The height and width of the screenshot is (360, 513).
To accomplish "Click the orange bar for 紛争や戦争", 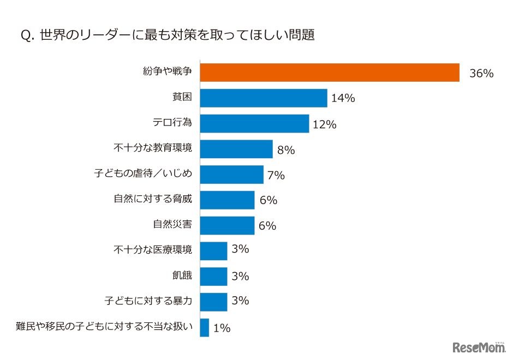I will point(330,73).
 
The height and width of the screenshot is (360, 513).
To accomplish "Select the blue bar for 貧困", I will point(263,98).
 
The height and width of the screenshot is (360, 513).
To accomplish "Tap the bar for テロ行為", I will point(254,124).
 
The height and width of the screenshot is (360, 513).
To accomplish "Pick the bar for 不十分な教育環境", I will point(236,149).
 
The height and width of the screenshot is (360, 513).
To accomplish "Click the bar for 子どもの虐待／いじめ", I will point(231,175).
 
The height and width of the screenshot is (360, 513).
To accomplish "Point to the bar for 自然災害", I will point(227,225).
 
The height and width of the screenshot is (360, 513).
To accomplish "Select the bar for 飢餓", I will point(213,276).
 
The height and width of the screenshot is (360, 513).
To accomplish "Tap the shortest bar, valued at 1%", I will point(205,327).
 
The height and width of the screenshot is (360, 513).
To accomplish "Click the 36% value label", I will point(481,74).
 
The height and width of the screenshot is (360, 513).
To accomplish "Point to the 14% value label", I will point(343,99).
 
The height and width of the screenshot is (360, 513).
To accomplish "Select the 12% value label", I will point(324,124).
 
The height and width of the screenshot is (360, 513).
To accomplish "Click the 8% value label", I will point(286,150).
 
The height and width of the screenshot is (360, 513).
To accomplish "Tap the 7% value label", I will point(277,175).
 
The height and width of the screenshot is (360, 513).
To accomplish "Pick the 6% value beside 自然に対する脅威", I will point(268,200).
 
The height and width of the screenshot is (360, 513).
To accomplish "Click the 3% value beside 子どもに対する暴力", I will point(240,301).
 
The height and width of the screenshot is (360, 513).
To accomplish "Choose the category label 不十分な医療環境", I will point(153,250).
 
